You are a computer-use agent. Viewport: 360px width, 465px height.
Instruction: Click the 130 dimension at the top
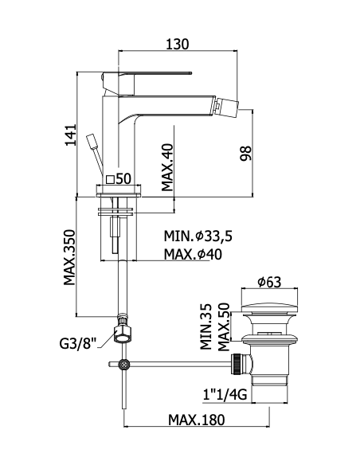(177, 44)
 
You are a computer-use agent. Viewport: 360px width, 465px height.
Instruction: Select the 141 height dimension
(71, 135)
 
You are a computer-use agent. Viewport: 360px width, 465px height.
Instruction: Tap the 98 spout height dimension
(246, 153)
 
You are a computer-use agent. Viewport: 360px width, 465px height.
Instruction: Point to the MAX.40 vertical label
(167, 167)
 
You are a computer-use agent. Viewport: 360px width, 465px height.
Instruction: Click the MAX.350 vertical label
(70, 257)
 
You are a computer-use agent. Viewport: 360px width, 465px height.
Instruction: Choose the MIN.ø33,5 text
(198, 236)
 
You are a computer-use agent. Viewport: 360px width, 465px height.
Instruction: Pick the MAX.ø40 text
(193, 254)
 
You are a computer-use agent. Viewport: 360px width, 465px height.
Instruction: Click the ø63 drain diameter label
(269, 282)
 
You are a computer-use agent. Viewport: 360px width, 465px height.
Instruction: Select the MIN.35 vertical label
(205, 326)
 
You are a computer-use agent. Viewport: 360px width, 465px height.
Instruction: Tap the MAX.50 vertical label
(224, 326)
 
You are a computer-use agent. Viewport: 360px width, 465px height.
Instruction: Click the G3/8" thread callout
(78, 344)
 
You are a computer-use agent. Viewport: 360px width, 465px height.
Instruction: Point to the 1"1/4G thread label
(225, 394)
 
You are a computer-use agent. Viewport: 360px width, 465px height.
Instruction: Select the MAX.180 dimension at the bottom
(197, 420)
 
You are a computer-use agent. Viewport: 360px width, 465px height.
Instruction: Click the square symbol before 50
(110, 179)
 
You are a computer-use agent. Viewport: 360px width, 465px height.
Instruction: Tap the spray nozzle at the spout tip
(227, 106)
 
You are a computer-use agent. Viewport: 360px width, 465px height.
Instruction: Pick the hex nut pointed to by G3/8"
(123, 334)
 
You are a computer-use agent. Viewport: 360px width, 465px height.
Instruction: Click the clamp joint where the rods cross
(123, 364)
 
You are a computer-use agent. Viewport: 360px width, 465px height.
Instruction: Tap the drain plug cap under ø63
(269, 308)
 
